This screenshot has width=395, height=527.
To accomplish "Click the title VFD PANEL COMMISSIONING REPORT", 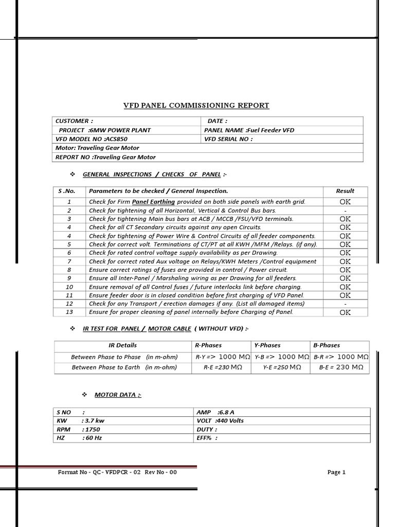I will pos(196,106).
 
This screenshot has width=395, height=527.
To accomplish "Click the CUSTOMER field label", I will pos(74,121).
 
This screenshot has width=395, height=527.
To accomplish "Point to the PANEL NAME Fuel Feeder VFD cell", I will pos(249,130).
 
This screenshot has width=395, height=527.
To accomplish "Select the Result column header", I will pos(345,191).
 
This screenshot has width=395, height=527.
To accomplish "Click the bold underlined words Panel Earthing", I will pos(153,202).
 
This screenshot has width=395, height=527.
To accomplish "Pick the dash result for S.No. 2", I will pos(345,210).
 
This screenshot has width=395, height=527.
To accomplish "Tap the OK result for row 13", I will pos(345,312).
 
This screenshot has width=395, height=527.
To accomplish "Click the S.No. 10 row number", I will pos(70,287).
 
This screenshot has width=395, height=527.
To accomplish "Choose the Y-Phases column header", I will pos(267,345).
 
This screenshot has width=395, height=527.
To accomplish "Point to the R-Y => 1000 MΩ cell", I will pos(223,357).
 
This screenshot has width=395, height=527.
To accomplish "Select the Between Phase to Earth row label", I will pos(124,367).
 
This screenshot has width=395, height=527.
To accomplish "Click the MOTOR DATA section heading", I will pos(118,395).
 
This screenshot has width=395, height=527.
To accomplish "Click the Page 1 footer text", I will pos(336,472).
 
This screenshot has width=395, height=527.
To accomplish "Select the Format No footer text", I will pos(117,472).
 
